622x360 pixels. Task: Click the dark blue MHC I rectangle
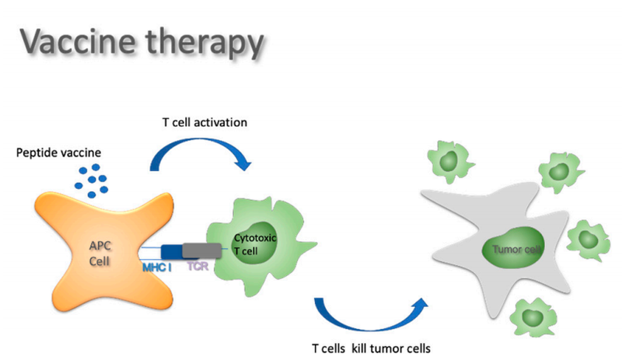172,251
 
